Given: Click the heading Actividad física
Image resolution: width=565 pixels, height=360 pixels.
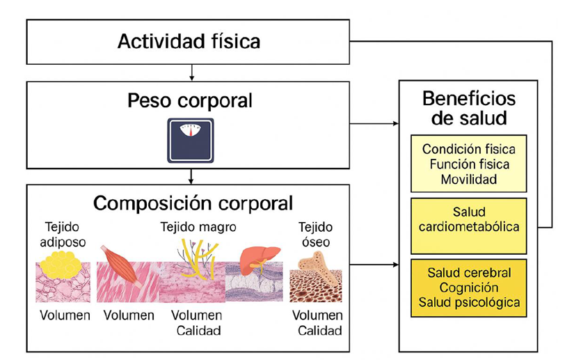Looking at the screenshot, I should (x=189, y=41).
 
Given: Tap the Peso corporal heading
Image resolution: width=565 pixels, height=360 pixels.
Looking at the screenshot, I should (x=189, y=101).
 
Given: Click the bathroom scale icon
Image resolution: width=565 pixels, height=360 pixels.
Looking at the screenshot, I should (x=190, y=140).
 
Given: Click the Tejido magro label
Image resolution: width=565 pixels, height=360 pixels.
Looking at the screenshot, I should (x=198, y=227).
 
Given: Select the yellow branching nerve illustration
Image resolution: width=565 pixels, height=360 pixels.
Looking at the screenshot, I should (x=199, y=258).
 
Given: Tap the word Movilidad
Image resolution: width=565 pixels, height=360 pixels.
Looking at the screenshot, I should (x=469, y=179).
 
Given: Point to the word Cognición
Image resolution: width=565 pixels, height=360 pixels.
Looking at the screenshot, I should (x=469, y=288).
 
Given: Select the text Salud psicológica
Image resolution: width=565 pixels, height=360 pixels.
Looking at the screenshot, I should (x=469, y=303).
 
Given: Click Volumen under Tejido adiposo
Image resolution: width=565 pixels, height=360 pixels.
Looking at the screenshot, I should (x=64, y=315).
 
